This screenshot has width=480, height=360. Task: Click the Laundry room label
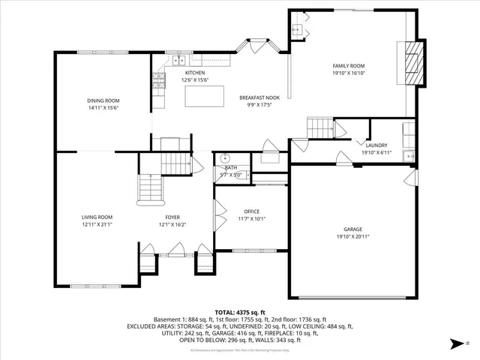point(376,145)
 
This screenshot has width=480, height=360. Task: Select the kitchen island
point(205,97)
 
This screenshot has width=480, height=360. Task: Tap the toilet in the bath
point(223,160)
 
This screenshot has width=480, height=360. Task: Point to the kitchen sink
point(179,60)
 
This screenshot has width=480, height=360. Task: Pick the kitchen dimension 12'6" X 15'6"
point(195,79)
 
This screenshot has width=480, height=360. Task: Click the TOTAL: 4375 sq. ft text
point(240,312)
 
